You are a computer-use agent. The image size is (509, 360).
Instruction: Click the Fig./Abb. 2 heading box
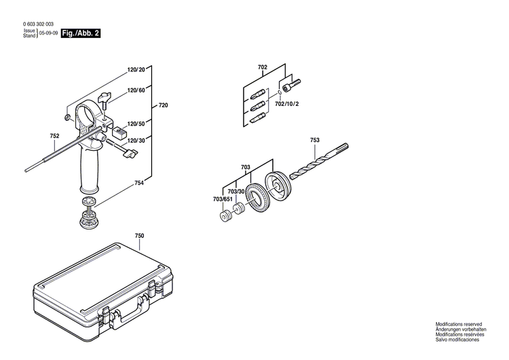click(x=80, y=33)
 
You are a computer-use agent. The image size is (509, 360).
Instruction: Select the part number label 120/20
click(x=136, y=69)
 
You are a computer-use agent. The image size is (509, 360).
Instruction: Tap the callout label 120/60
click(x=136, y=90)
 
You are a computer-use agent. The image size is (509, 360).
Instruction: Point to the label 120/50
click(x=136, y=124)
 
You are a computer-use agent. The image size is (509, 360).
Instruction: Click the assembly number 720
click(x=163, y=106)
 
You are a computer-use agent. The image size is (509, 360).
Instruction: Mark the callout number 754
click(x=139, y=183)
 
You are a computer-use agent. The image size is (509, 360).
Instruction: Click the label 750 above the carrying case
click(x=139, y=236)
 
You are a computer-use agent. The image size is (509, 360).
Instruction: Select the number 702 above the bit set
click(x=263, y=67)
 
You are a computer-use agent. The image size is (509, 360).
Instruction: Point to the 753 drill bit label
click(x=315, y=140)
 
